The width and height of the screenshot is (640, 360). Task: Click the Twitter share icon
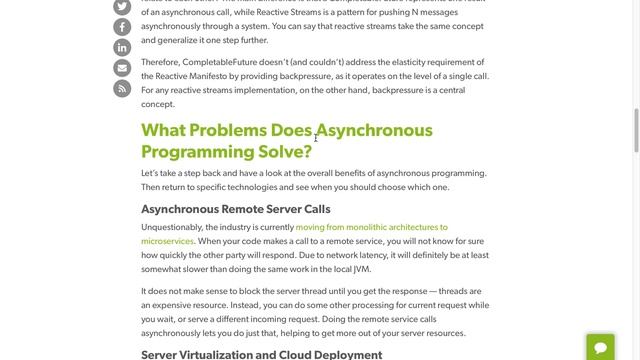[122, 6]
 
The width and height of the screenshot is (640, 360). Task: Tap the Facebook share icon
[122, 27]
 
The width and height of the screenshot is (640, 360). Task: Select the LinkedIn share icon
[122, 48]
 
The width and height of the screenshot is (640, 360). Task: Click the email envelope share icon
[122, 68]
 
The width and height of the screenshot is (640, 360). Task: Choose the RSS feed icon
[122, 89]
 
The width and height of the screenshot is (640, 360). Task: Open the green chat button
[600, 347]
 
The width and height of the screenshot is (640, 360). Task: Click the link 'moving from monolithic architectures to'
[371, 228]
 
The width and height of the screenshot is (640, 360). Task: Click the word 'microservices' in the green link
[167, 242]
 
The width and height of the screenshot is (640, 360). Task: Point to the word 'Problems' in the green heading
[227, 130]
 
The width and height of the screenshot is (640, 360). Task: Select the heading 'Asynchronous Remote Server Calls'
[235, 209]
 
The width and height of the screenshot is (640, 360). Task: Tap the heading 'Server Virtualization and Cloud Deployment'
[261, 354]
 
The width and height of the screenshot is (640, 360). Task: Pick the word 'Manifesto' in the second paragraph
[207, 76]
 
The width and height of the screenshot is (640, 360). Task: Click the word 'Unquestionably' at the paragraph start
[172, 228]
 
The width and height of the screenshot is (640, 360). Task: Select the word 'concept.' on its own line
[158, 104]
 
